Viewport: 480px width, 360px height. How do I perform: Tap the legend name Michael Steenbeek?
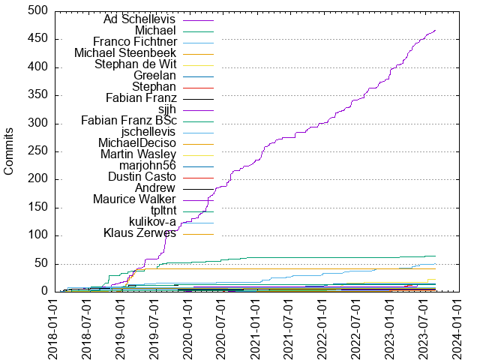[x=125, y=53]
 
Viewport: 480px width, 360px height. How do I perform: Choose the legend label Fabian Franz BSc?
[x=128, y=121]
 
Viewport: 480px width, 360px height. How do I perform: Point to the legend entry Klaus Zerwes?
[x=139, y=233]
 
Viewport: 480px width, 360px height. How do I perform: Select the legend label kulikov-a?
[x=152, y=222]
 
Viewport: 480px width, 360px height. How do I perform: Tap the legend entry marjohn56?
[x=147, y=166]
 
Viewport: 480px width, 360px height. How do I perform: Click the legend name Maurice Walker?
[x=134, y=199]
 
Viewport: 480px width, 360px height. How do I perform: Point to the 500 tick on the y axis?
[x=40, y=11]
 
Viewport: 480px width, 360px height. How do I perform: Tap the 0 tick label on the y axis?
[x=46, y=292]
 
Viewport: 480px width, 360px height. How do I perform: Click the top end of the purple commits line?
[x=436, y=31]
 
